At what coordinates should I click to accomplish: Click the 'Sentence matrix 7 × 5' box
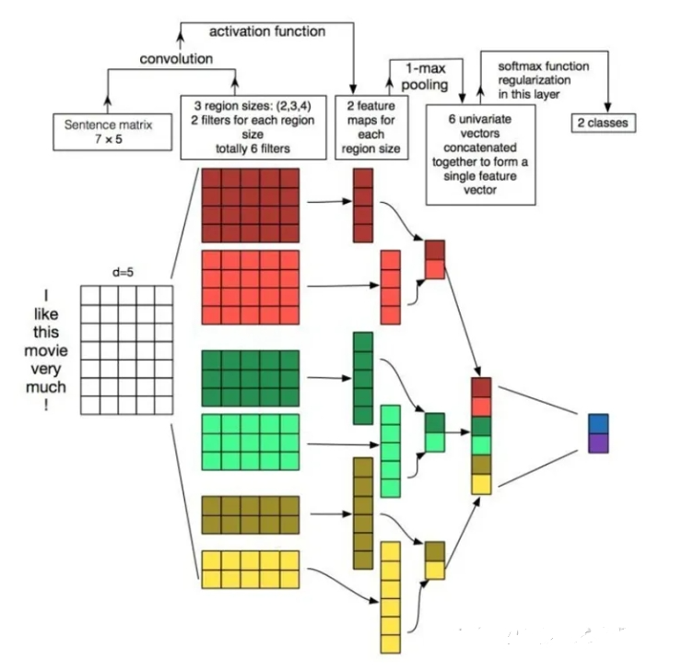112,132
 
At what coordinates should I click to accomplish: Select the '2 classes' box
604,123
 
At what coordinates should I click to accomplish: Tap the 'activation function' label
267,31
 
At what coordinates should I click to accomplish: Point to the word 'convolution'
176,58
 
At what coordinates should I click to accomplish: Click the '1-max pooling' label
425,77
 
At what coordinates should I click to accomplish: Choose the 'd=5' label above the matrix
123,272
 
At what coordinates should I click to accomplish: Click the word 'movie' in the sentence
46,350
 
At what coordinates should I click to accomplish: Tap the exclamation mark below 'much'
46,405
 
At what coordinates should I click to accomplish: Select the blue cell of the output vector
598,424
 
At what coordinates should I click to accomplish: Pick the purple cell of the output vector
598,443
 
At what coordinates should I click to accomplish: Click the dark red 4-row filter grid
251,206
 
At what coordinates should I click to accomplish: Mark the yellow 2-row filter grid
251,570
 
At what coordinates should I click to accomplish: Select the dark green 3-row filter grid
251,378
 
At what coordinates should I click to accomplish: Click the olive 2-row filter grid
251,514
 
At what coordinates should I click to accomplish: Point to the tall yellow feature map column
391,597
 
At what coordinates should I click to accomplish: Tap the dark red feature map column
363,206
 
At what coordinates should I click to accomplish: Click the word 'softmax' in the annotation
519,66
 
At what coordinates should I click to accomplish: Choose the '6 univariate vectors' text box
481,155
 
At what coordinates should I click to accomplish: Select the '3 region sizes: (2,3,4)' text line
253,106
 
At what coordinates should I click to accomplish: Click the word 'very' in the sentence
46,369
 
